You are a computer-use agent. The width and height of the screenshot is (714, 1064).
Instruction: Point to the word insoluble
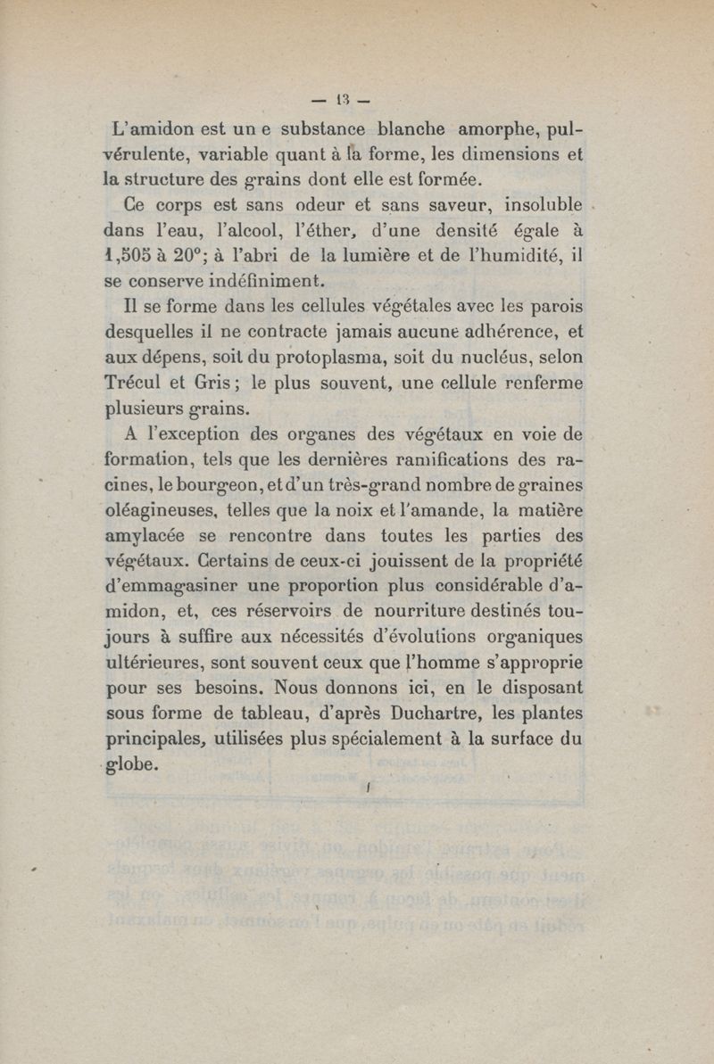click(535, 205)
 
